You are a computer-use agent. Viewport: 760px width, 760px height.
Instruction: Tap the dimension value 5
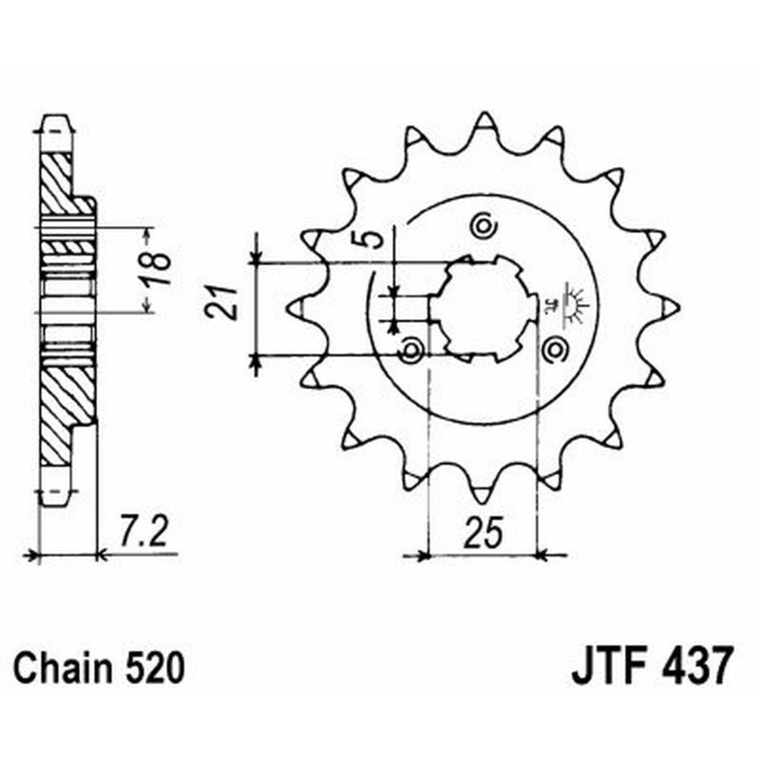pyautogui.click(x=378, y=237)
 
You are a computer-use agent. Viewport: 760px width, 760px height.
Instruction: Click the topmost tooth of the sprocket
pyautogui.click(x=484, y=124)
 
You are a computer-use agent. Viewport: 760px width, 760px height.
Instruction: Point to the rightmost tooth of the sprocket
pyautogui.click(x=668, y=307)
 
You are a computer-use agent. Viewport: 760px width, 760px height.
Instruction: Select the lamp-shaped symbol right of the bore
pyautogui.click(x=573, y=299)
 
